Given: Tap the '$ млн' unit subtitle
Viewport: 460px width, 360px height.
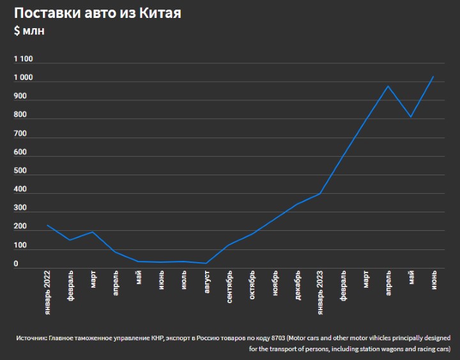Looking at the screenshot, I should click(x=29, y=31).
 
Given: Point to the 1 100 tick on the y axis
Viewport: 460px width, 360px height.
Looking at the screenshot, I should click(x=23, y=59).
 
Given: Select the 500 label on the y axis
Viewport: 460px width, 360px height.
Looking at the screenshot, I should click(x=20, y=171).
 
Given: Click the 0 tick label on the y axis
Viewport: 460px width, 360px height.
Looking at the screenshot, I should click(x=16, y=263).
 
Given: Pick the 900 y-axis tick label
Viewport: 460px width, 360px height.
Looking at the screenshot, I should click(x=20, y=97).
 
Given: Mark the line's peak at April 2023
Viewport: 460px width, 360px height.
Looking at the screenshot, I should click(x=388, y=86).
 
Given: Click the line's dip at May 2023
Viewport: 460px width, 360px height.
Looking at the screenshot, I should click(x=411, y=117).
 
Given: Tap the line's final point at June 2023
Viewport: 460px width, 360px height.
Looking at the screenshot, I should click(x=434, y=77).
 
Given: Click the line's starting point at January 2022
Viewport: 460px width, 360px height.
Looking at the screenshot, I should click(x=47, y=225).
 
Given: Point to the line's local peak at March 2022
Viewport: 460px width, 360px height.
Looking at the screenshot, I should click(x=93, y=231).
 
